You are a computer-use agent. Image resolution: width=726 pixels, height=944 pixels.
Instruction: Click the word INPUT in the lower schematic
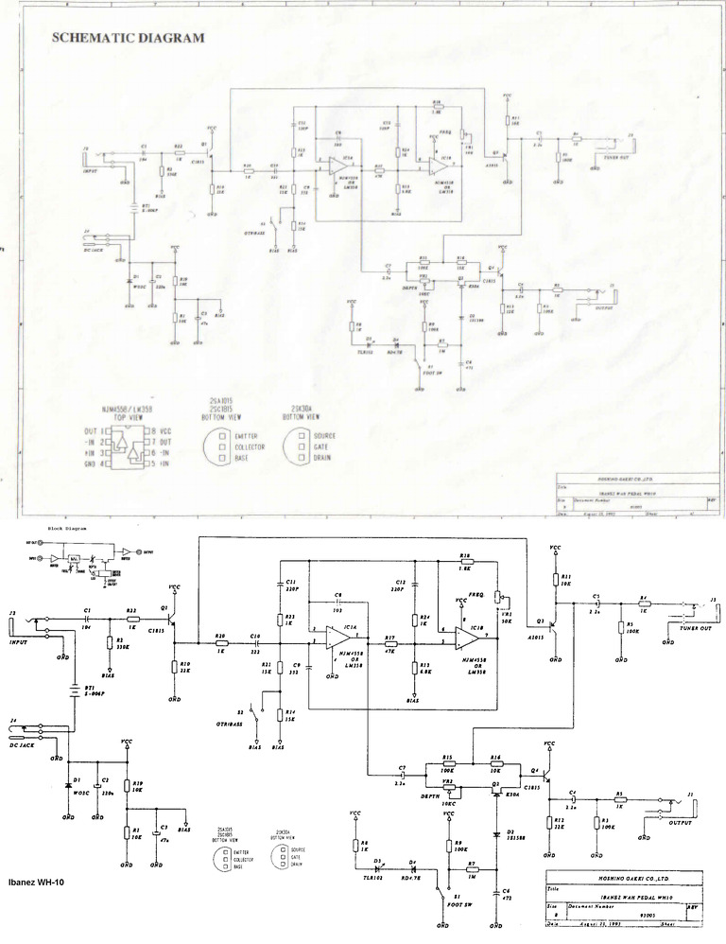(x=19, y=640)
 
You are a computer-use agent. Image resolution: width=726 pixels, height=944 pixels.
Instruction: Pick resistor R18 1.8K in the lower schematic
(x=464, y=565)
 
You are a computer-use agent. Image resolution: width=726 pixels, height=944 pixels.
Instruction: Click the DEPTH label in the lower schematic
(x=407, y=798)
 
